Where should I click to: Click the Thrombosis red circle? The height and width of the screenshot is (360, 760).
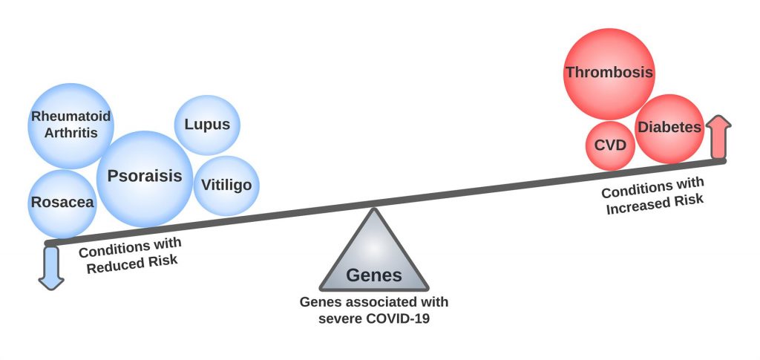pyautogui.click(x=609, y=73)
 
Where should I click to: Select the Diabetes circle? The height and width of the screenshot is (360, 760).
pyautogui.click(x=669, y=128)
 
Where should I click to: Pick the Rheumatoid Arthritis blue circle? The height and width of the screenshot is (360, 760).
pyautogui.click(x=70, y=125)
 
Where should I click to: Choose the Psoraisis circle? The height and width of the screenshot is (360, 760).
pyautogui.click(x=145, y=177)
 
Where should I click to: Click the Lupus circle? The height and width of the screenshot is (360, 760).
pyautogui.click(x=207, y=125)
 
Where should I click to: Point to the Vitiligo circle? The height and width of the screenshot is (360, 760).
pyautogui.click(x=226, y=184)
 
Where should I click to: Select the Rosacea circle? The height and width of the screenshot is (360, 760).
pyautogui.click(x=62, y=203)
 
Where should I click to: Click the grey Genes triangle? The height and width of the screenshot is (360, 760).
pyautogui.click(x=373, y=256)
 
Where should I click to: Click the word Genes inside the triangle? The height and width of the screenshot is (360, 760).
pyautogui.click(x=373, y=275)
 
